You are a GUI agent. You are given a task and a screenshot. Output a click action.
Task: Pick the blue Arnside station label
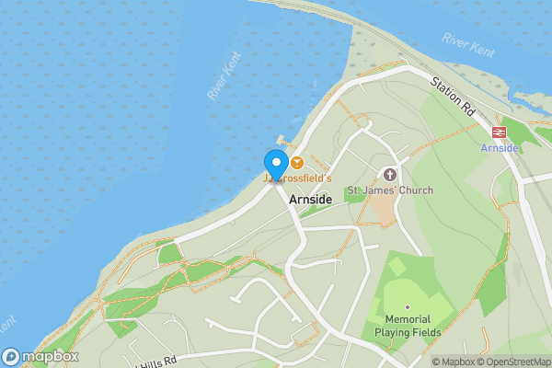[x=500, y=147]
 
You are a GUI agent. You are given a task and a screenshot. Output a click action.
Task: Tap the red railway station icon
[x=500, y=132]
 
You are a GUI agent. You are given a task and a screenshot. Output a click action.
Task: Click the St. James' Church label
[x=389, y=190]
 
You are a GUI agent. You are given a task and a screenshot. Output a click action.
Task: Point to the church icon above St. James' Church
[x=389, y=174]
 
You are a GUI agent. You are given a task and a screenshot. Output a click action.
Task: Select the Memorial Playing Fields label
[x=408, y=325]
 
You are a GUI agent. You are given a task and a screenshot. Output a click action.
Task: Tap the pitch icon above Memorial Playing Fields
[x=408, y=308]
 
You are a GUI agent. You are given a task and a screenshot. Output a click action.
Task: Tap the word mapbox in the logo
[x=51, y=356]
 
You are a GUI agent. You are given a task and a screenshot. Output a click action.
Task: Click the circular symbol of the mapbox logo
[x=11, y=356]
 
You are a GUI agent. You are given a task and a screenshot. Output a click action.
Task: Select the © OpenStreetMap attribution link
[x=514, y=362]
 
